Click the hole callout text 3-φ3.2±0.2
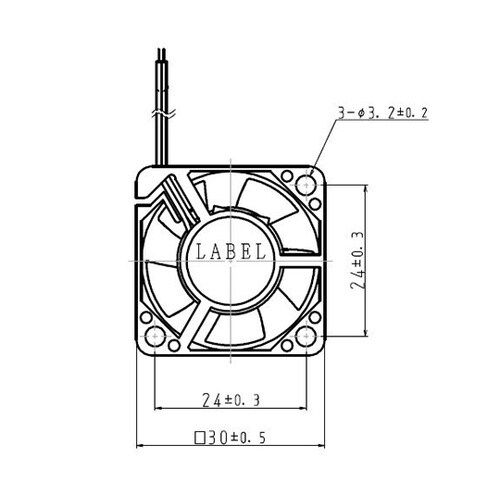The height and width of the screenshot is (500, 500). [384, 114]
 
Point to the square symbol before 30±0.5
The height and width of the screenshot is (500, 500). [201, 438]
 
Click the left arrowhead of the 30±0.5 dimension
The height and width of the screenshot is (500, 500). [139, 446]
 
